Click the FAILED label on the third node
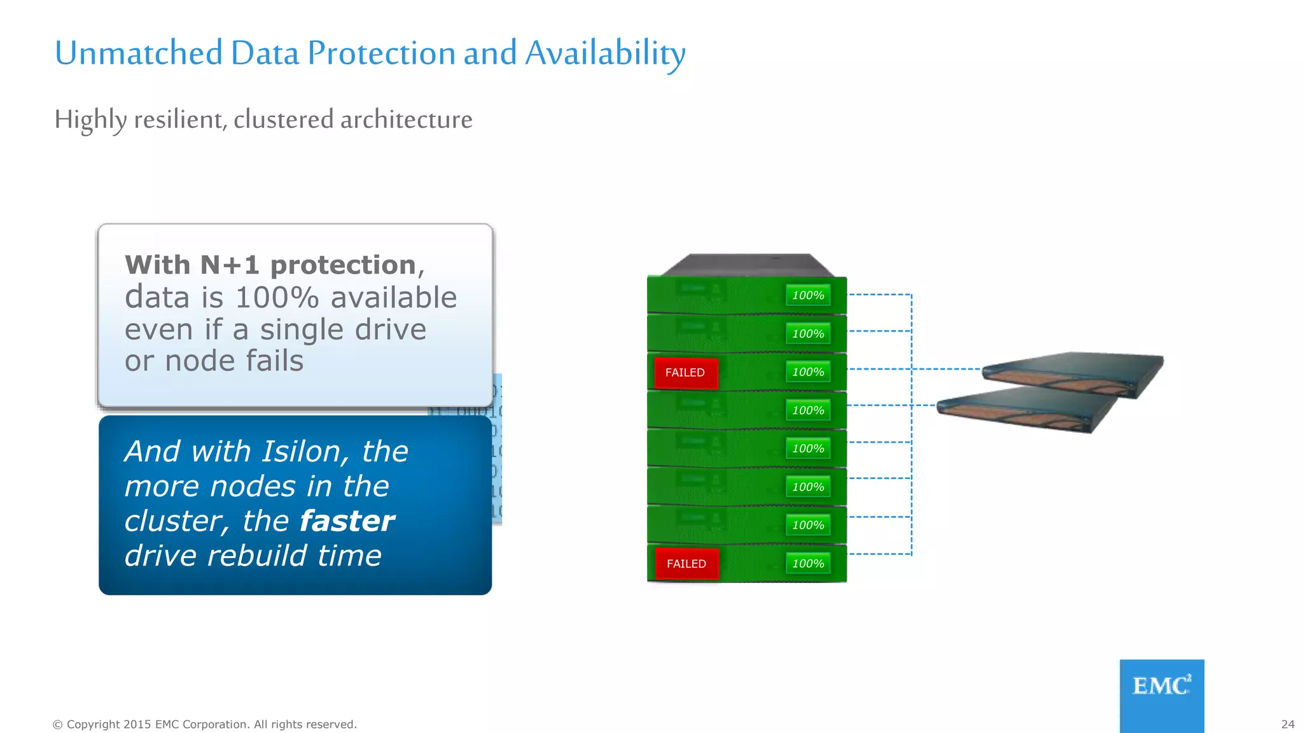tap(685, 373)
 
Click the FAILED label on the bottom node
tap(686, 564)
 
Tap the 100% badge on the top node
tap(808, 295)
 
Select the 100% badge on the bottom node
tap(808, 564)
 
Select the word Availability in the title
tap(605, 53)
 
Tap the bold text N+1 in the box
tap(230, 265)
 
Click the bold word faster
tap(347, 521)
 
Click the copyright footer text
tap(204, 724)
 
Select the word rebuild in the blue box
tap(257, 556)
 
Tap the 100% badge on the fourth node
tap(808, 410)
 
